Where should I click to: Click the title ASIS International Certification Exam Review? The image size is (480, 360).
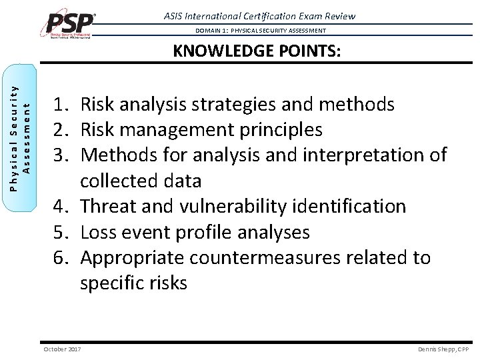tap(259, 15)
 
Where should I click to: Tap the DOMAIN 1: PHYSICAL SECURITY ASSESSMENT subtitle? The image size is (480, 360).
tap(261, 31)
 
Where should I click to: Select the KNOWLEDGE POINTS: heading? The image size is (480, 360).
tap(257, 52)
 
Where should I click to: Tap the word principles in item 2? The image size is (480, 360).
tap(277, 130)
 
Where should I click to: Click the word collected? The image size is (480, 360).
tap(119, 181)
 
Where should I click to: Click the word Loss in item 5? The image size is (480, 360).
tap(98, 232)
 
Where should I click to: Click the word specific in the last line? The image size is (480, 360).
tap(112, 283)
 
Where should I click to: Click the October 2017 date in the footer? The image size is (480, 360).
tap(63, 349)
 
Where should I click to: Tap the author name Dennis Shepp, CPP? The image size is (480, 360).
tap(443, 349)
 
